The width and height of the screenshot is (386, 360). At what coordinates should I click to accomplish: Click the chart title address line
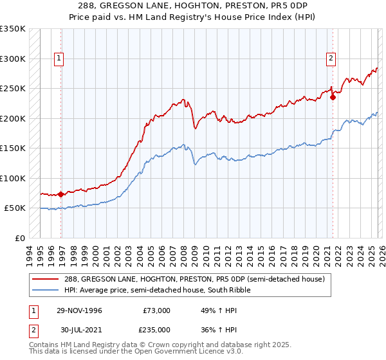pyautogui.click(x=193, y=6)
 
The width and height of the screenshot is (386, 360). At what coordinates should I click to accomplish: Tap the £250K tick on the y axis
pyautogui.click(x=13, y=88)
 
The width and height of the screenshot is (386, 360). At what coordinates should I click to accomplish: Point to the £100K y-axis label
pyautogui.click(x=13, y=178)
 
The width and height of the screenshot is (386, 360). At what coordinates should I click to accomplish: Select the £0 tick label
pyautogui.click(x=19, y=238)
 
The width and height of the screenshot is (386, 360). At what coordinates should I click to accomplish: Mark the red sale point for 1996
pyautogui.click(x=60, y=194)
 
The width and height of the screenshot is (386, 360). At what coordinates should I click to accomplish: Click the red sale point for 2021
pyautogui.click(x=333, y=98)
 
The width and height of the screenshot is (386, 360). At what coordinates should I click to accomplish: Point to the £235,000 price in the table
pyautogui.click(x=156, y=329)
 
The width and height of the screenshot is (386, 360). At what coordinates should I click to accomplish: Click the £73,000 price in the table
pyautogui.click(x=156, y=310)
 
